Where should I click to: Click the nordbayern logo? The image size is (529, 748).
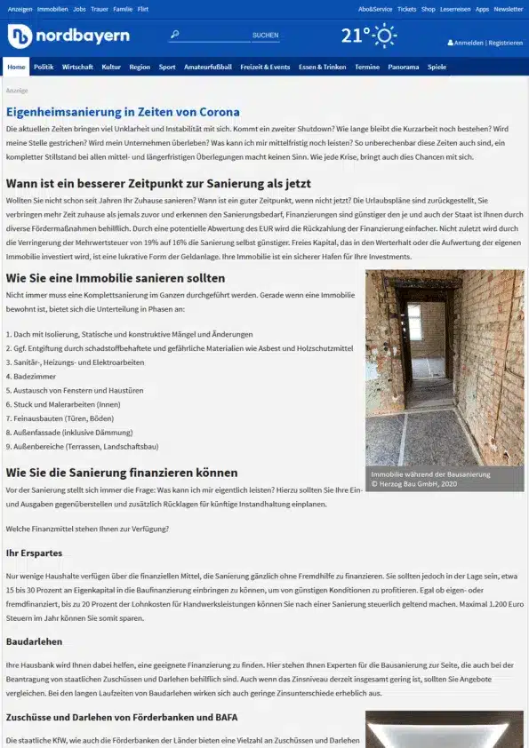(x=68, y=36)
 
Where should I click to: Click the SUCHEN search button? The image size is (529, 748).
(x=265, y=36)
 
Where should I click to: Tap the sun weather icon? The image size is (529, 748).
(x=385, y=36)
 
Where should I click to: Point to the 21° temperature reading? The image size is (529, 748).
(x=355, y=36)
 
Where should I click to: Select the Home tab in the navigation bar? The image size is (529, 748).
(x=16, y=67)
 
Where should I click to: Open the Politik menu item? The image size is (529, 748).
(x=44, y=67)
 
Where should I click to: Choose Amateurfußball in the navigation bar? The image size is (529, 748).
(x=208, y=67)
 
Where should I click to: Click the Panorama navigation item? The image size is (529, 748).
(x=403, y=67)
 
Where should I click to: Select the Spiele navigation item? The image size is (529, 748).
(x=437, y=67)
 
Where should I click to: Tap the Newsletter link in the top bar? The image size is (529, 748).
(x=509, y=9)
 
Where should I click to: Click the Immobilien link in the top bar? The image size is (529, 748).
(x=52, y=9)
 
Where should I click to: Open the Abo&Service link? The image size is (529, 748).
(x=375, y=9)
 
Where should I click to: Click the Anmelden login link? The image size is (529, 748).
(x=468, y=43)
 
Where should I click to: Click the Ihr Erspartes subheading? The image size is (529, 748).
(x=34, y=553)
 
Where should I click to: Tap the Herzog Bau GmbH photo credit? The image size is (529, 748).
(x=413, y=484)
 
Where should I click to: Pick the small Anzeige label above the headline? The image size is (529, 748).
(x=16, y=91)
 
